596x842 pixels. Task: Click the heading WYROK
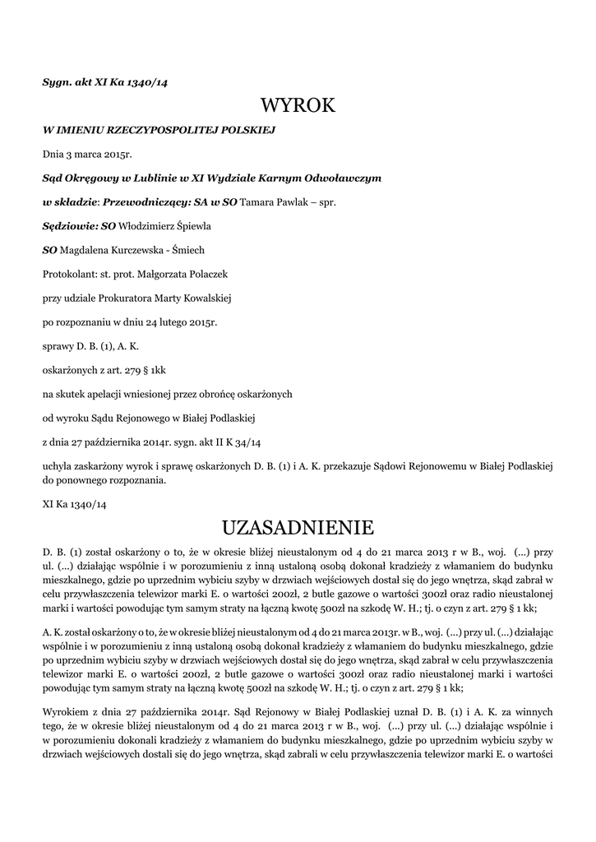298,105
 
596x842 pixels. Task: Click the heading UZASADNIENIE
298,525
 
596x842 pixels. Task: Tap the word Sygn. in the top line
58,81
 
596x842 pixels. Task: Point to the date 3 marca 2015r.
97,153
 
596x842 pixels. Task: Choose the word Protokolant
68,273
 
